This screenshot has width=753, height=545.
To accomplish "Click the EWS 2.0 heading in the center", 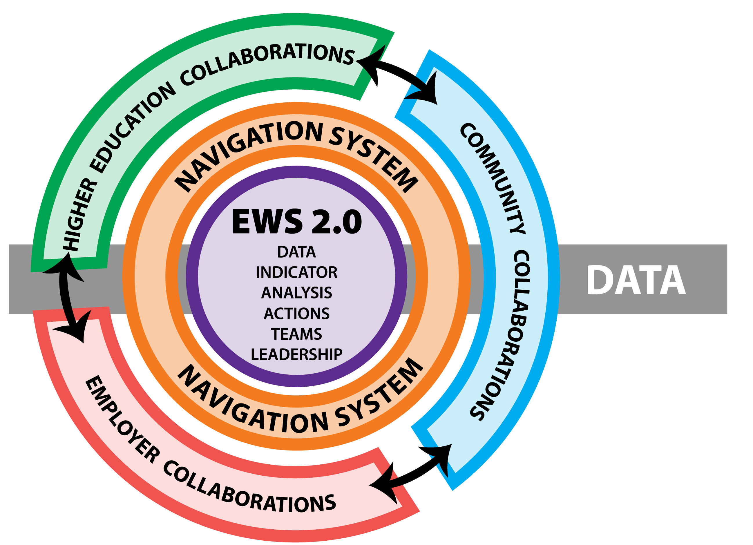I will [296, 221].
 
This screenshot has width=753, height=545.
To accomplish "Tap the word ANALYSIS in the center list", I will [296, 293].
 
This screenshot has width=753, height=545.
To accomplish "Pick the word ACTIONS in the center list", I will [296, 314].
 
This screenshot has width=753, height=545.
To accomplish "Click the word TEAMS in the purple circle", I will [296, 334].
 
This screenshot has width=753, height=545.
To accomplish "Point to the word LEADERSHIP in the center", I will [296, 354].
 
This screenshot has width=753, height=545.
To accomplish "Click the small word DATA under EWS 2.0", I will [296, 252].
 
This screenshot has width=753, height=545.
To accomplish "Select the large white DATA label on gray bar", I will [636, 280].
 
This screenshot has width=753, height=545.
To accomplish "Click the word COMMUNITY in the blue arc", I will [493, 178].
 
